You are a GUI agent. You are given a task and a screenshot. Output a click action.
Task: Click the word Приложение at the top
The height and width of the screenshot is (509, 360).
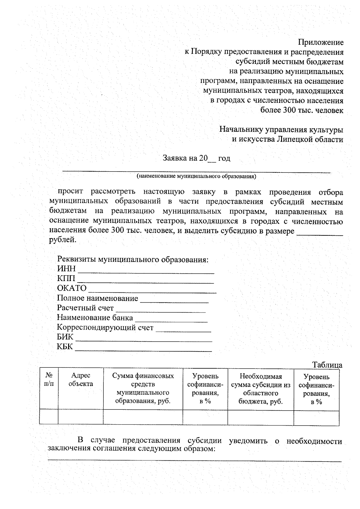pyautogui.click(x=320, y=42)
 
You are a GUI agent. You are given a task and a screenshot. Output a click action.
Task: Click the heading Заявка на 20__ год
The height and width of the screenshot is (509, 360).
pyautogui.click(x=196, y=158)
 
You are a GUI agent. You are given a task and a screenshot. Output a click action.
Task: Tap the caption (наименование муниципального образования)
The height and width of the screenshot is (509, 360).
pyautogui.click(x=196, y=176)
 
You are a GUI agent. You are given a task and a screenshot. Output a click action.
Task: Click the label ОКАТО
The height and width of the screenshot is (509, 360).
pyautogui.click(x=72, y=288)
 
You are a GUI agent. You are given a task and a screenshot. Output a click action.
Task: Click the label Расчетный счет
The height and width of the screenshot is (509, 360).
pyautogui.click(x=85, y=308)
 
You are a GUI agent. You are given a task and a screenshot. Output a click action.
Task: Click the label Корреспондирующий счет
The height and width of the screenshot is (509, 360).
pyautogui.click(x=105, y=328)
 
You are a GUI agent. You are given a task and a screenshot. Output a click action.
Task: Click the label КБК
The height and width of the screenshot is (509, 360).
pyautogui.click(x=65, y=347)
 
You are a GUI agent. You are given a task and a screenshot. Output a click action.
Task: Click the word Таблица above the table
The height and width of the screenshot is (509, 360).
pyautogui.click(x=327, y=365)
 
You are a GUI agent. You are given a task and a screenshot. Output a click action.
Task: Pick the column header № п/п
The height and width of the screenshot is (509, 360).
pyautogui.click(x=49, y=379)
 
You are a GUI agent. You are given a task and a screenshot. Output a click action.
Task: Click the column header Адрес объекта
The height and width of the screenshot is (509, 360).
pyautogui.click(x=81, y=379)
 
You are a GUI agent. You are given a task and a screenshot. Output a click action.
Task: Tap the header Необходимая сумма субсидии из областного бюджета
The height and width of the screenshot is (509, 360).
pyautogui.click(x=260, y=389)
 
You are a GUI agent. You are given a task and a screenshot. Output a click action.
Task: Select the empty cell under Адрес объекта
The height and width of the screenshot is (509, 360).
pyautogui.click(x=81, y=417)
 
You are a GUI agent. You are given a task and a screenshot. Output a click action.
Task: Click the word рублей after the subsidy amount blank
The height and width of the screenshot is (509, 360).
pyautogui.click(x=63, y=240)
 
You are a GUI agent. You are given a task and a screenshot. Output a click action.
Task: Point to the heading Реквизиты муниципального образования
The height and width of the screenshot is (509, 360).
pyautogui.click(x=133, y=259)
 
